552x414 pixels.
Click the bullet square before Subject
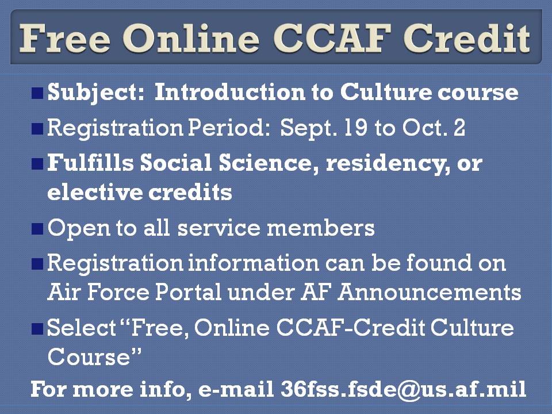coord(37,93)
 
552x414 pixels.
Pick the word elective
coord(89,193)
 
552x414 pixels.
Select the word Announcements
coord(430,292)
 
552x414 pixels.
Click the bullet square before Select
coord(37,329)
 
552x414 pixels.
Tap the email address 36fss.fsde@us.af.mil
coord(403,389)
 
